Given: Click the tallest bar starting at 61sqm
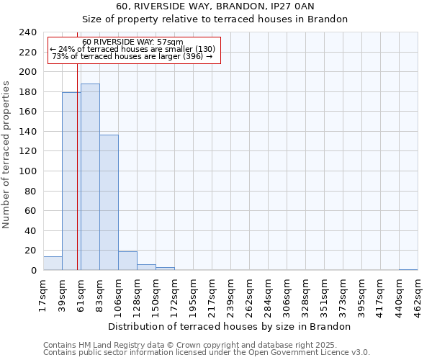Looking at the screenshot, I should click(x=90, y=177).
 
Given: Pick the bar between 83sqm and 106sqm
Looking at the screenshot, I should click(x=109, y=202).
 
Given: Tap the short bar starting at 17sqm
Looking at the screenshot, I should click(x=53, y=264).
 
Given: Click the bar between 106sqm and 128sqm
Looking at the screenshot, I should click(x=127, y=261).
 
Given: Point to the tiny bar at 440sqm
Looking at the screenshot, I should click(x=408, y=269).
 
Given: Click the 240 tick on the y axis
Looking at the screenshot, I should click(x=28, y=32).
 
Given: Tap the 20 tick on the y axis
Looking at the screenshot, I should click(x=31, y=251).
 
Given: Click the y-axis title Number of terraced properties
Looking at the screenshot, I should click(x=6, y=154).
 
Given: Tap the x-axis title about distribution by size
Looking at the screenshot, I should click(x=233, y=326).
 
